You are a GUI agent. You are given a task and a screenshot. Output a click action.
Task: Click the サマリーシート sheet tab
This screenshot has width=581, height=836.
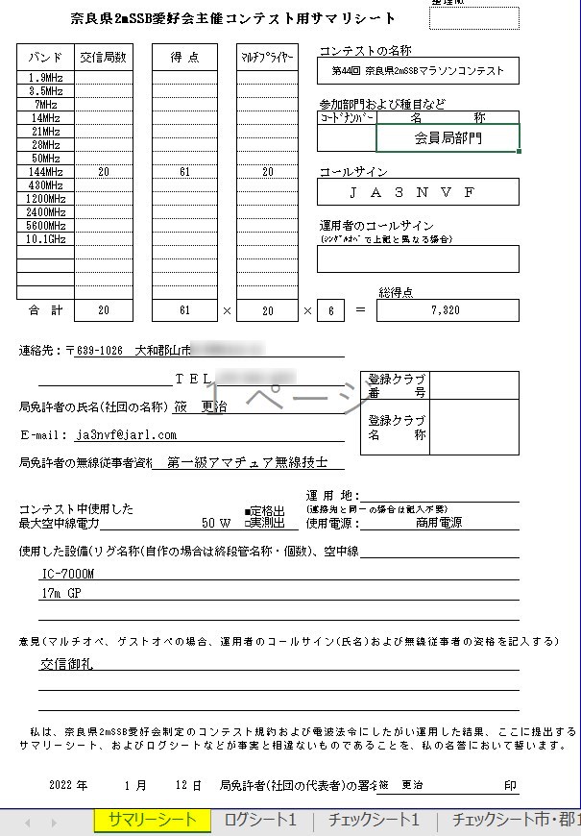pyautogui.click(x=151, y=821)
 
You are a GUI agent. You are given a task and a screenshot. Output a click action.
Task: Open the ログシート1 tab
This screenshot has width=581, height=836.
pyautogui.click(x=260, y=821)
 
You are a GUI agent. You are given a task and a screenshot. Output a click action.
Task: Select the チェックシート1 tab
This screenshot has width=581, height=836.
pyautogui.click(x=374, y=821)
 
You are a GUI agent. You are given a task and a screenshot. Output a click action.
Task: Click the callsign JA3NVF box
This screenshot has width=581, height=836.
pyautogui.click(x=418, y=192)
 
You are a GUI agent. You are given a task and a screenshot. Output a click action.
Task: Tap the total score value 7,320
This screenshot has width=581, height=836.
pyautogui.click(x=446, y=310)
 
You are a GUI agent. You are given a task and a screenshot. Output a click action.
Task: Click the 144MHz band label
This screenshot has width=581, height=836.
pyautogui.click(x=45, y=172)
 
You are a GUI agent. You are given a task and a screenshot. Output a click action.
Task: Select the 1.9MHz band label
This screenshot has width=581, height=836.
pyautogui.click(x=45, y=78)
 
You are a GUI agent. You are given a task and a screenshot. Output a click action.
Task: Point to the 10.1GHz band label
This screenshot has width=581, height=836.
pyautogui.click(x=45, y=239)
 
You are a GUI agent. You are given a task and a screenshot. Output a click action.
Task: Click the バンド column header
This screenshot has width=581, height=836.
pyautogui.click(x=45, y=58)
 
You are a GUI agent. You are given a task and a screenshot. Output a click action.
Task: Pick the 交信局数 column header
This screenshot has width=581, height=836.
pyautogui.click(x=103, y=58)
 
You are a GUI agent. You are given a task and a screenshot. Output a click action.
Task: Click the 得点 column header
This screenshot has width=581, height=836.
pyautogui.click(x=184, y=58)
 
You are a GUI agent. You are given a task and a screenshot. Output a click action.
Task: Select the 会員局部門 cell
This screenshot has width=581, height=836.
pyautogui.click(x=448, y=138)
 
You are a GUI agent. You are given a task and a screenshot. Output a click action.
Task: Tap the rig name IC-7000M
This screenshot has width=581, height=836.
pyautogui.click(x=67, y=574)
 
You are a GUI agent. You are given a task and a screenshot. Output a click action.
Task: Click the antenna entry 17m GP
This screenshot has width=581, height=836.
pyautogui.click(x=60, y=595)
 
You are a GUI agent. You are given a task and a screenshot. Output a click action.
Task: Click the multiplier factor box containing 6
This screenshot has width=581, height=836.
pyautogui.click(x=330, y=310)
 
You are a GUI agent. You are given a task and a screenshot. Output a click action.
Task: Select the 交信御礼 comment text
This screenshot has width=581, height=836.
pyautogui.click(x=66, y=664)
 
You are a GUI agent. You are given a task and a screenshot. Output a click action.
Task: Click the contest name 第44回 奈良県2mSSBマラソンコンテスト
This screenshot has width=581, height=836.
pyautogui.click(x=418, y=71)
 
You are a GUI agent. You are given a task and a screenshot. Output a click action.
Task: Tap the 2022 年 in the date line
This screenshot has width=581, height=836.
pyautogui.click(x=67, y=785)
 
